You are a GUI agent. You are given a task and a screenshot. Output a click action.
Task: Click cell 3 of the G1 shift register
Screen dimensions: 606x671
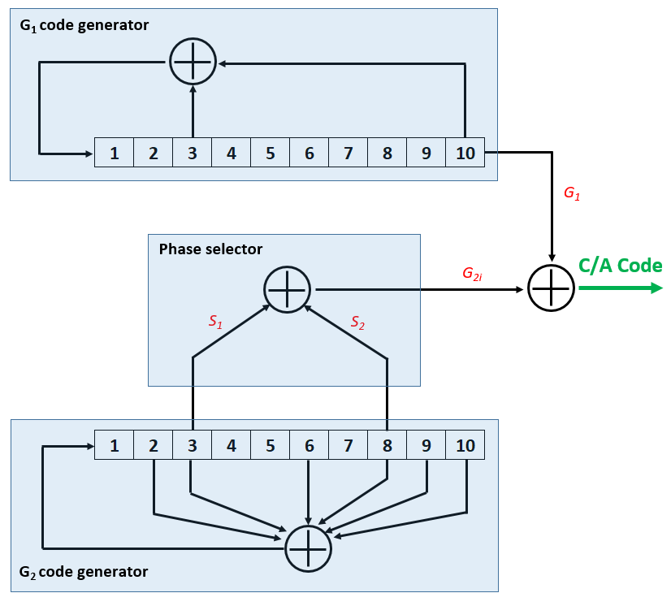(x=193, y=153)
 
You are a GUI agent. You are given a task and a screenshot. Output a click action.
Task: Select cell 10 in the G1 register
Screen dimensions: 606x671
(x=465, y=153)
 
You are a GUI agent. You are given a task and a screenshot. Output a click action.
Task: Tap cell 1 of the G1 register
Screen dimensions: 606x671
(x=115, y=153)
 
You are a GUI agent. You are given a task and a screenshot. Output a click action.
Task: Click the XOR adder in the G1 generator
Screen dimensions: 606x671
(x=193, y=61)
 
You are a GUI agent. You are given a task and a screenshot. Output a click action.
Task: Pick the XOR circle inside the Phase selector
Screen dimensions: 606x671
(x=288, y=289)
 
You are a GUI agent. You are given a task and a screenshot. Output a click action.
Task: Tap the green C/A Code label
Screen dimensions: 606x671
(x=620, y=266)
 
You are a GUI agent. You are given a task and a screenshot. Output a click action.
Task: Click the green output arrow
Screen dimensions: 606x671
(x=621, y=288)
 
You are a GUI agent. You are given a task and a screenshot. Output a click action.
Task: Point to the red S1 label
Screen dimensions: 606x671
(x=215, y=322)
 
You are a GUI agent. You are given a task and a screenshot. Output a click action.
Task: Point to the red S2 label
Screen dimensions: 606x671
(x=358, y=322)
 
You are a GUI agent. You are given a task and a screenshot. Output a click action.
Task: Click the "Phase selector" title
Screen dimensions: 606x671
(x=210, y=249)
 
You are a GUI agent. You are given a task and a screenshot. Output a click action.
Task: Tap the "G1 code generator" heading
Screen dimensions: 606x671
(x=84, y=24)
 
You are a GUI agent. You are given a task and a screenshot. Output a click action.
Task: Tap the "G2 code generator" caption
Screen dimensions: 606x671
(x=84, y=572)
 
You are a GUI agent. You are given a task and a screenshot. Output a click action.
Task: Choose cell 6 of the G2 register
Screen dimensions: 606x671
(x=310, y=445)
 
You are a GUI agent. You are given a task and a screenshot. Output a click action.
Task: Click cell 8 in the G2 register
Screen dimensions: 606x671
(x=387, y=445)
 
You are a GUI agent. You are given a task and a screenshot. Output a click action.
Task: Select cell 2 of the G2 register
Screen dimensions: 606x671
(x=154, y=445)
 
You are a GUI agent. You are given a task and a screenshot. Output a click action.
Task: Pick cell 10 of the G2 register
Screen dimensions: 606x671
(x=465, y=445)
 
